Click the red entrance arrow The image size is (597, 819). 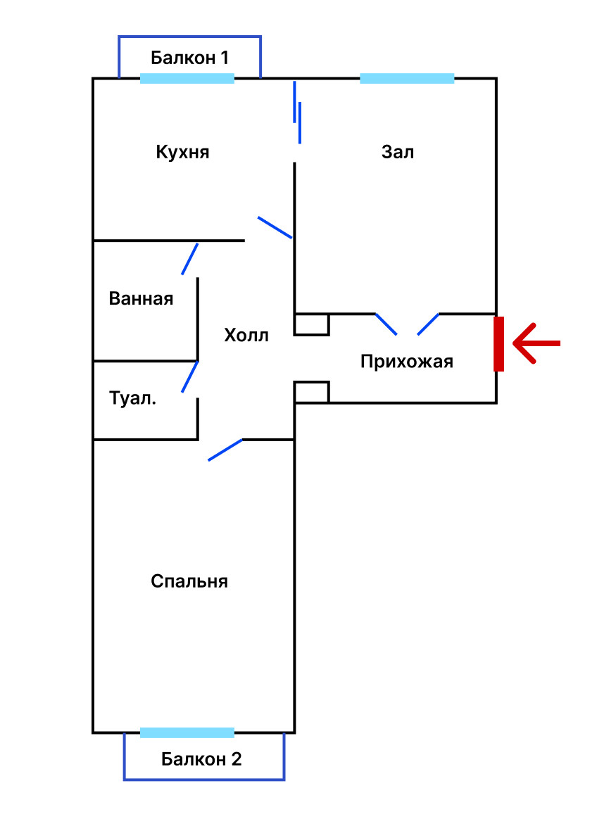(536, 343)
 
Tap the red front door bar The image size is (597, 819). (498, 343)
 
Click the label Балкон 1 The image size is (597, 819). (189, 58)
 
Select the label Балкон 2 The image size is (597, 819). (201, 759)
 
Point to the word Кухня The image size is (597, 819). (182, 152)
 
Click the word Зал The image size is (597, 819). (398, 152)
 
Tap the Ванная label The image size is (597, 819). (141, 298)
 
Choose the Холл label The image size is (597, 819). (246, 336)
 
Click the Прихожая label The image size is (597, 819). (407, 362)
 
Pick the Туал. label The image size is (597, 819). (133, 398)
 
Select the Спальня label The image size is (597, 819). (189, 582)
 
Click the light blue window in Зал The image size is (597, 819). (407, 79)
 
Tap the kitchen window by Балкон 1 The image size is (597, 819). (187, 79)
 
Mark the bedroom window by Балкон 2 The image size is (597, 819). (187, 732)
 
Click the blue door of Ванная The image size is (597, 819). (190, 259)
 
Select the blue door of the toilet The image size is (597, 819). (190, 376)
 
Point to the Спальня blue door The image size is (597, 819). (225, 450)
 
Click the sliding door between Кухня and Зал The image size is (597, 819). (298, 116)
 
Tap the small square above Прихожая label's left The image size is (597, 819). (311, 324)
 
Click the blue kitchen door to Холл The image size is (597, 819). (275, 227)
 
